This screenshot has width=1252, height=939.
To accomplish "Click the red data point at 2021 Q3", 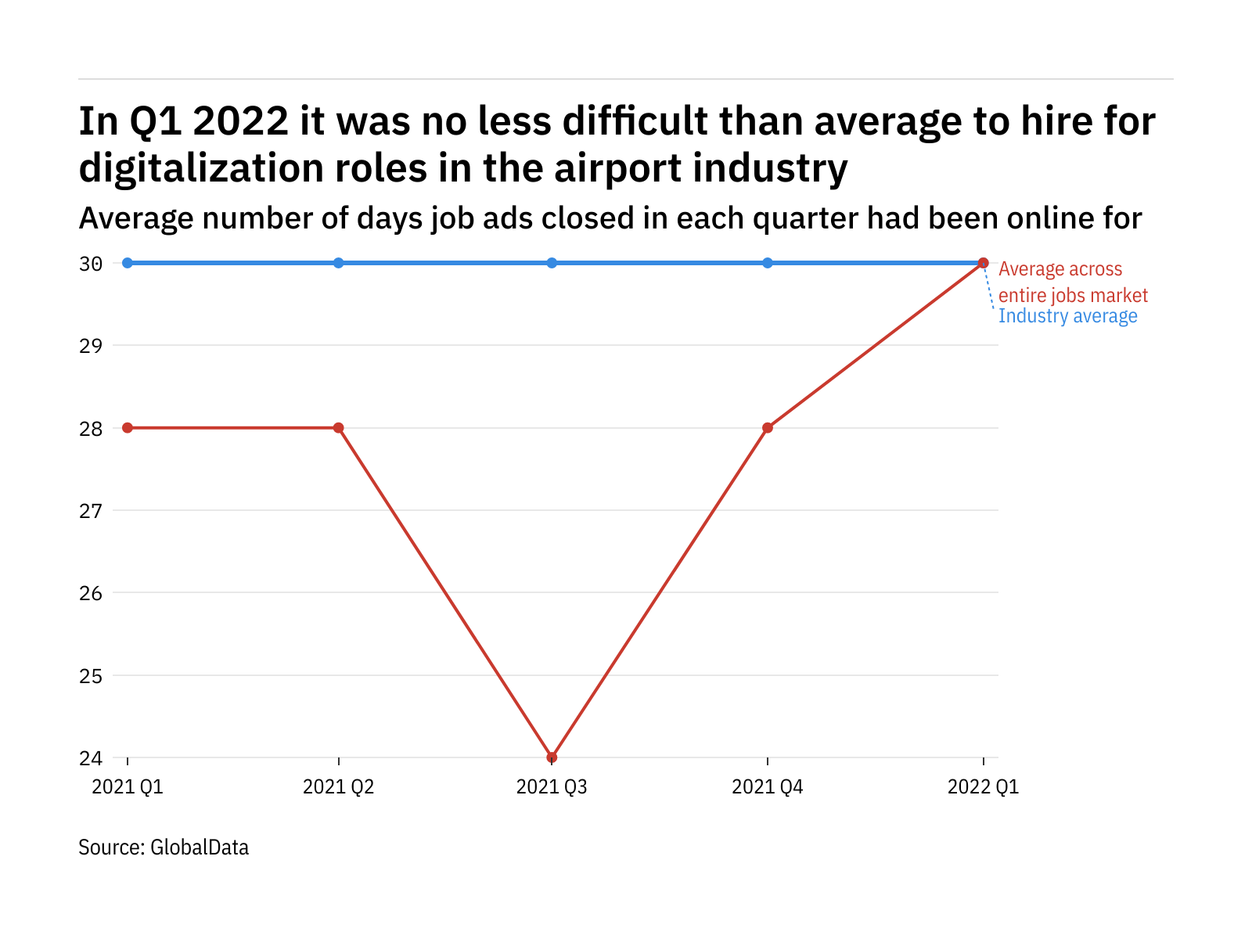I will [552, 757].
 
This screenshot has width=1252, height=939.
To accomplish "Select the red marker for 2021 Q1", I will [128, 428].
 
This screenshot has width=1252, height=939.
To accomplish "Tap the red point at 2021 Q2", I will [339, 428].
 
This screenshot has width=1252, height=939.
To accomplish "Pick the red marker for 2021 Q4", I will [768, 428].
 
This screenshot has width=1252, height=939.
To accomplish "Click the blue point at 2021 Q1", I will [128, 263].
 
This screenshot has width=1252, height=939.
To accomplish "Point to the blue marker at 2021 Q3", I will [552, 263].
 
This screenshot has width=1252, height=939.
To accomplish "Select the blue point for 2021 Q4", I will [768, 263].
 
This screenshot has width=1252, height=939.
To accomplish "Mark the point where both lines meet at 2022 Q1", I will [984, 263].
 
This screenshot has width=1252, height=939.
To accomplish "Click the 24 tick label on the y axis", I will [91, 758].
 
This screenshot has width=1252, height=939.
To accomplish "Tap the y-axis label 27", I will [91, 511].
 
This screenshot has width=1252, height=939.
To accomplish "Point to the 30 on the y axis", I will [91, 264].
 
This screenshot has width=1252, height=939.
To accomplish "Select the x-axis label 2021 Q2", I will [339, 786].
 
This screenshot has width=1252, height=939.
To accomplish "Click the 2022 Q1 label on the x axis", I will [984, 786].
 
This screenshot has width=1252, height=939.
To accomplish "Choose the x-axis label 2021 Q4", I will [768, 786].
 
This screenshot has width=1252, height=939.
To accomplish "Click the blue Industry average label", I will [1068, 316].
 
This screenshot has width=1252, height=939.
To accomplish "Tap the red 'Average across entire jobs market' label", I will [1072, 282].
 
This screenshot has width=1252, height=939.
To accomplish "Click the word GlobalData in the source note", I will [200, 847].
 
